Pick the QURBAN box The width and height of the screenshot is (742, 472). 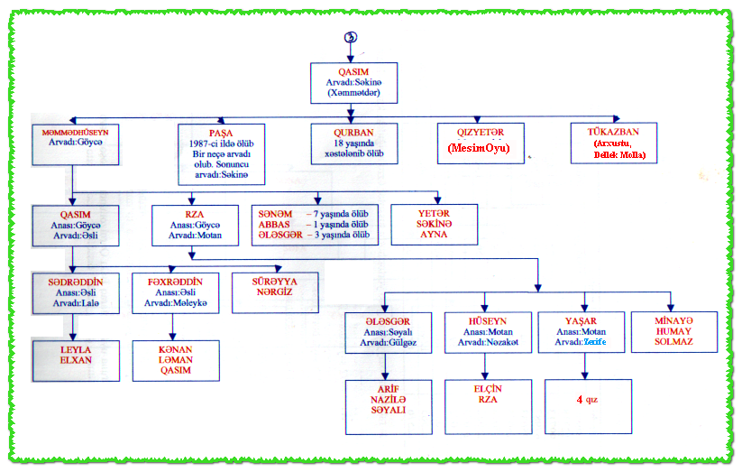pos(353,143)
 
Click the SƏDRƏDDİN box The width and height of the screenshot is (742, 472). pos(76,293)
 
